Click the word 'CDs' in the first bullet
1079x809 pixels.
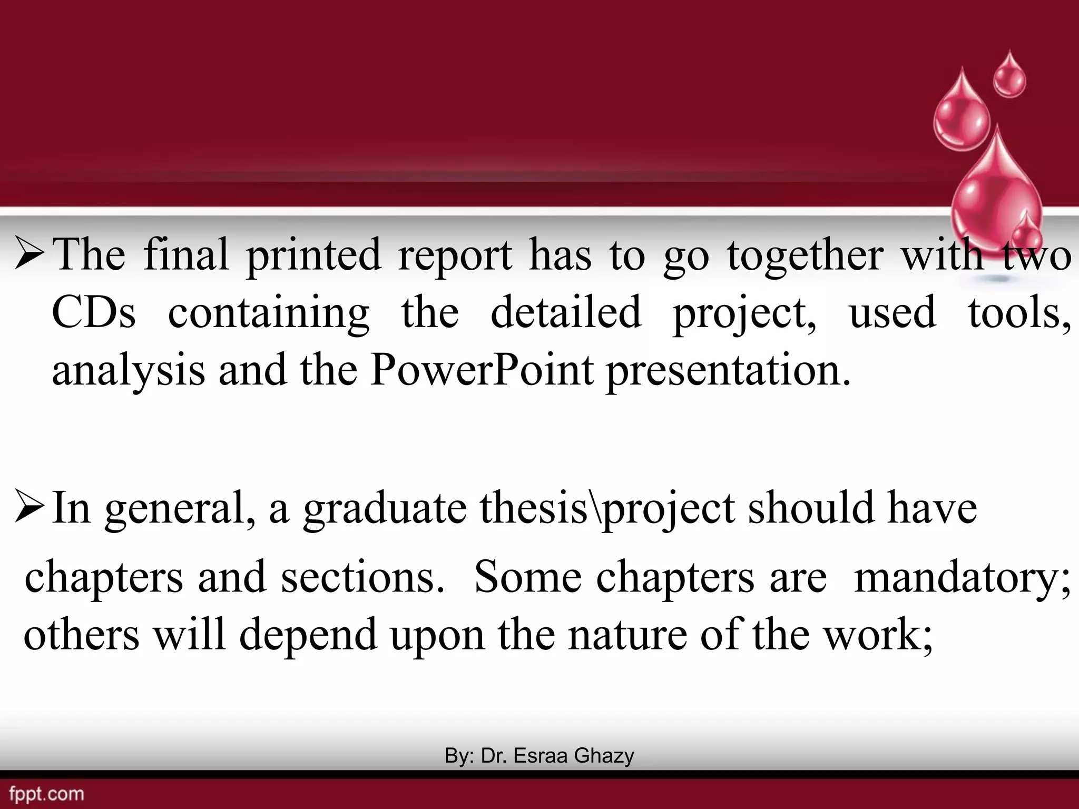point(94,313)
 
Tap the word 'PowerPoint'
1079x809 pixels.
point(482,371)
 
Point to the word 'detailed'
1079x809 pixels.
point(566,313)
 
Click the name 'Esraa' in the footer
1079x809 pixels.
point(541,756)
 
